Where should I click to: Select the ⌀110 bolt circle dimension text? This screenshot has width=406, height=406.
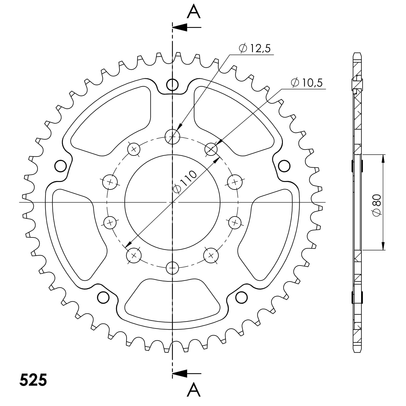[185, 182]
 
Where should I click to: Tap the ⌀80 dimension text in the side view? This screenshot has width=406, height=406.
[377, 206]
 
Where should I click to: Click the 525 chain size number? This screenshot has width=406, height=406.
[33, 380]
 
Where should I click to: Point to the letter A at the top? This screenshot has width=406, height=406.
[194, 12]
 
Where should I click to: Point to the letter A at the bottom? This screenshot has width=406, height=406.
[194, 389]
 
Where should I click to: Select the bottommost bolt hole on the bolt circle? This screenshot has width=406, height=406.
[173, 268]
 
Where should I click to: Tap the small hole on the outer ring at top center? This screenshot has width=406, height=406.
[172, 85]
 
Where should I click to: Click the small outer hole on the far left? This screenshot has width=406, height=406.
[60, 166]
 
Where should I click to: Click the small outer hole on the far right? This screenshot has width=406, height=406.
[284, 166]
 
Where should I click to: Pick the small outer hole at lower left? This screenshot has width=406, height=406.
[103, 297]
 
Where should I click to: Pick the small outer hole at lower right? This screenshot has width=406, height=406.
[241, 297]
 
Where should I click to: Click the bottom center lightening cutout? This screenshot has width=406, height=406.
[172, 300]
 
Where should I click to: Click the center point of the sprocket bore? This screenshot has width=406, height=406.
[172, 202]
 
